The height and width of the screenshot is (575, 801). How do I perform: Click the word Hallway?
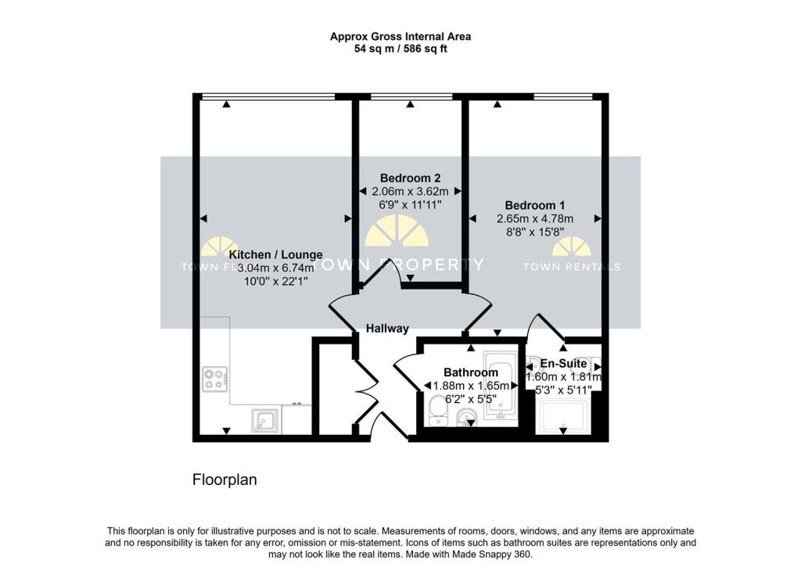[x=387, y=329]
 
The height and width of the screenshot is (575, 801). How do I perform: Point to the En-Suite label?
[x=563, y=363]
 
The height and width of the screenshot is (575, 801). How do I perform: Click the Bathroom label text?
[x=470, y=372]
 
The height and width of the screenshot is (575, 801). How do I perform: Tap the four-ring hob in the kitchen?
[x=214, y=379]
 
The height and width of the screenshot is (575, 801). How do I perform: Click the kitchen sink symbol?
[x=265, y=420]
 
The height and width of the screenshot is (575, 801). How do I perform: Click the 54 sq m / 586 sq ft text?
[x=400, y=49]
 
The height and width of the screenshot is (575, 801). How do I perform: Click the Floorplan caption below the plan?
[x=224, y=479]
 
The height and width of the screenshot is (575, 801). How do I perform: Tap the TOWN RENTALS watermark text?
[x=571, y=267]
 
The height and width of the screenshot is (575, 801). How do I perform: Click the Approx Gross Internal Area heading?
[x=400, y=36]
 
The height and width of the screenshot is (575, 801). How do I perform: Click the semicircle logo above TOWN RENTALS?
[x=571, y=247]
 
